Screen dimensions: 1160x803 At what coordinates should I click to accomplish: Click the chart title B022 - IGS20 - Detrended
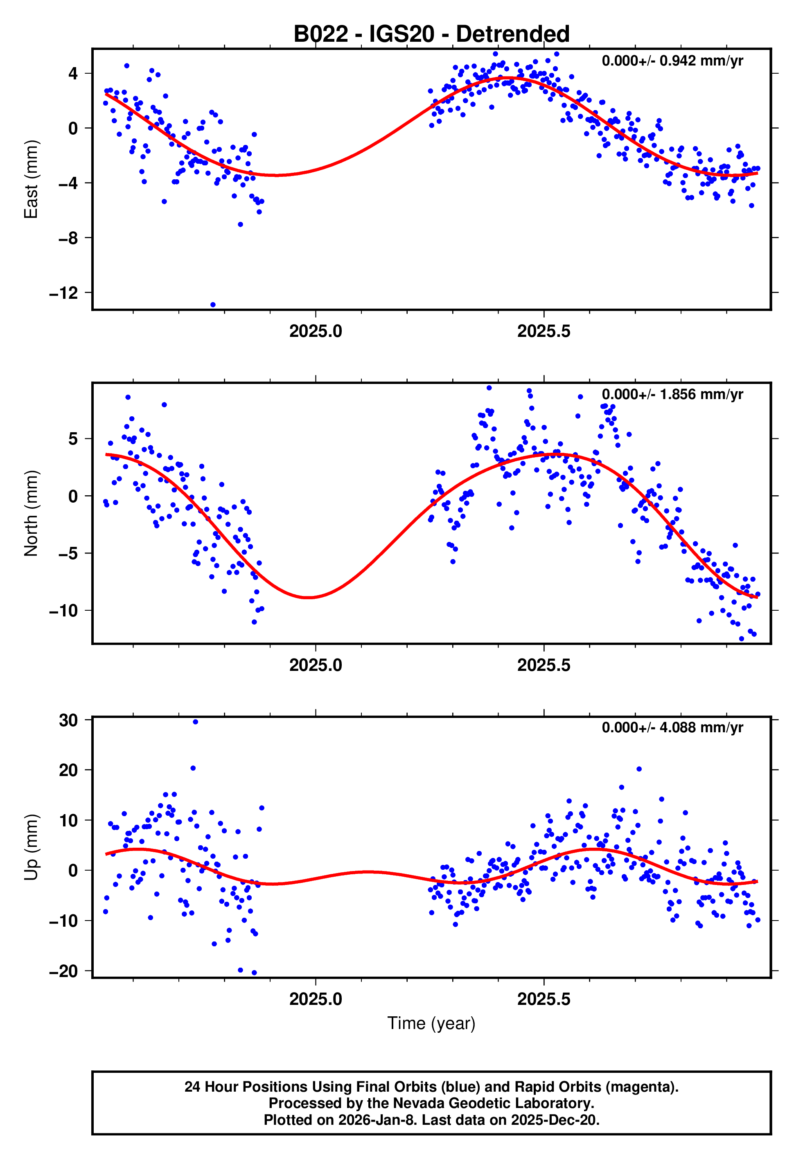(x=431, y=34)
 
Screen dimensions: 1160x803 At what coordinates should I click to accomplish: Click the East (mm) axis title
(x=31, y=179)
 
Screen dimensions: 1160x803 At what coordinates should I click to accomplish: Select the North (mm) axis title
(x=31, y=513)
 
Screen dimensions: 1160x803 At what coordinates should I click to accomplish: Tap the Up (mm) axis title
(x=31, y=847)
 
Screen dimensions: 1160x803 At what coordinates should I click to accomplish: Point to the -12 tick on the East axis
(x=64, y=293)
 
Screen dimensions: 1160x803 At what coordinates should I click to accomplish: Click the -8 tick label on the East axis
(x=68, y=238)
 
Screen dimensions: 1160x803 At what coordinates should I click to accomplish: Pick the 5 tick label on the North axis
(x=73, y=439)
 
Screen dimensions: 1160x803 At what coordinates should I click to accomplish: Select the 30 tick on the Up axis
(x=68, y=720)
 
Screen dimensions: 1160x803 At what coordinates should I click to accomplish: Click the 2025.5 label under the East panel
(x=544, y=332)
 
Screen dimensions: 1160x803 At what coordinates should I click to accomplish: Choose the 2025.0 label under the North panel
(x=316, y=666)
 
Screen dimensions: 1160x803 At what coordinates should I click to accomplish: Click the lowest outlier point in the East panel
(x=213, y=305)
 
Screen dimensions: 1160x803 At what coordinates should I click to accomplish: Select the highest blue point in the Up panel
(x=195, y=722)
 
